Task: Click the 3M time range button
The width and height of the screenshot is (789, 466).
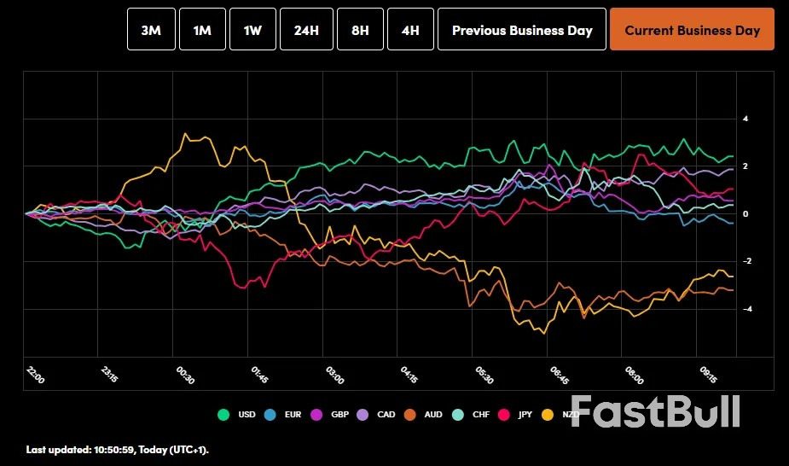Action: (x=151, y=30)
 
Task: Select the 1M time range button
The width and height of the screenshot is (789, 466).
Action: (x=202, y=30)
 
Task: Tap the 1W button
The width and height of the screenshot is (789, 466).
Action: (x=252, y=30)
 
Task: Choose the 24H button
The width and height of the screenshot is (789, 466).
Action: (x=306, y=30)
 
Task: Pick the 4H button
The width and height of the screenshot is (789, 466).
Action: (x=410, y=30)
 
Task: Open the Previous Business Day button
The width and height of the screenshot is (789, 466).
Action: (x=522, y=30)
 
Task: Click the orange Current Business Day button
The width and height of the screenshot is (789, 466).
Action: (x=692, y=30)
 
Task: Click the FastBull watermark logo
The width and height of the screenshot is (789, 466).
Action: (x=655, y=411)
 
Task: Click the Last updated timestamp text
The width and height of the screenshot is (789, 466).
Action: (x=117, y=449)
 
